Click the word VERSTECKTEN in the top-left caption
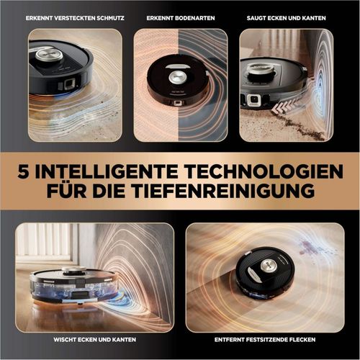(74, 18)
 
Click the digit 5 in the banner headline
(23, 171)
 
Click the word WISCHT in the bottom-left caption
(64, 340)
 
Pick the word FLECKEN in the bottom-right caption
(302, 340)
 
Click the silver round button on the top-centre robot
(177, 78)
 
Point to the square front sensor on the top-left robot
(70, 84)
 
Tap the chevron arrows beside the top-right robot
(284, 106)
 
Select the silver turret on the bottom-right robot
(269, 265)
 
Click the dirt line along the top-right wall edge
(302, 125)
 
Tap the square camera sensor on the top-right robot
(253, 99)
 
